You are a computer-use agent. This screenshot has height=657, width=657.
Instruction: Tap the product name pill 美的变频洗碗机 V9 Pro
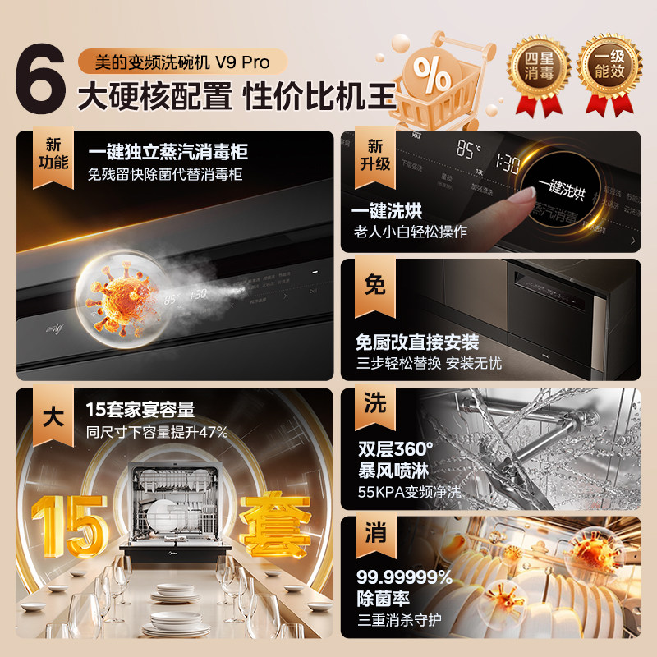(x=182, y=62)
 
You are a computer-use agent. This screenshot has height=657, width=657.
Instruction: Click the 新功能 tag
(x=51, y=153)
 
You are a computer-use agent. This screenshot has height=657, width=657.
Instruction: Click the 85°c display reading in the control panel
(x=469, y=150)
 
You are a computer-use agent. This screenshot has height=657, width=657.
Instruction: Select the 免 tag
(x=374, y=284)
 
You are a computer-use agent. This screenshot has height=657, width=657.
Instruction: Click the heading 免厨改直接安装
(x=417, y=342)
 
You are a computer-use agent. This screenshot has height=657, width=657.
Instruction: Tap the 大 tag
(x=51, y=416)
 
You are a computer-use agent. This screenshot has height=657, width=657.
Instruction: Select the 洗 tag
(x=374, y=403)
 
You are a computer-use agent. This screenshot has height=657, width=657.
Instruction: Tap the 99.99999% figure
(x=405, y=577)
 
